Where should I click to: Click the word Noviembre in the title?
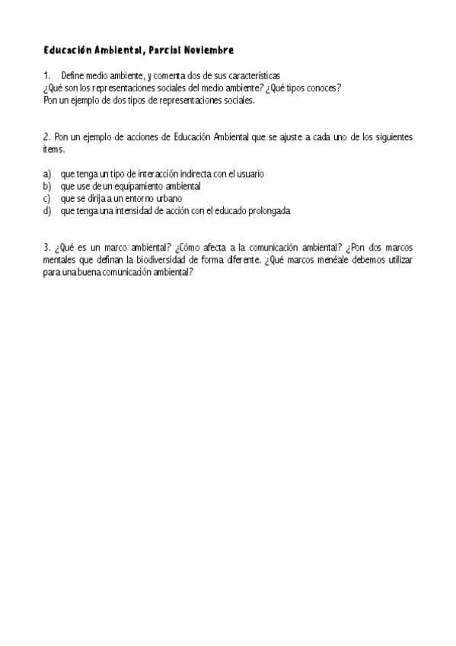point(207,50)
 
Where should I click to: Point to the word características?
point(254,75)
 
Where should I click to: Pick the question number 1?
point(46,75)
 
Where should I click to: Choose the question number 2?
point(46,137)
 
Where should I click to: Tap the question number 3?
point(46,248)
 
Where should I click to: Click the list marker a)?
point(47,174)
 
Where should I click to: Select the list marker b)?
point(47,187)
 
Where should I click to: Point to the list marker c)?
point(47,199)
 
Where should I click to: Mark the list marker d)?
point(47,211)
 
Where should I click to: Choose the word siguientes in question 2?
point(391,137)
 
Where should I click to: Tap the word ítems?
point(54,149)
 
